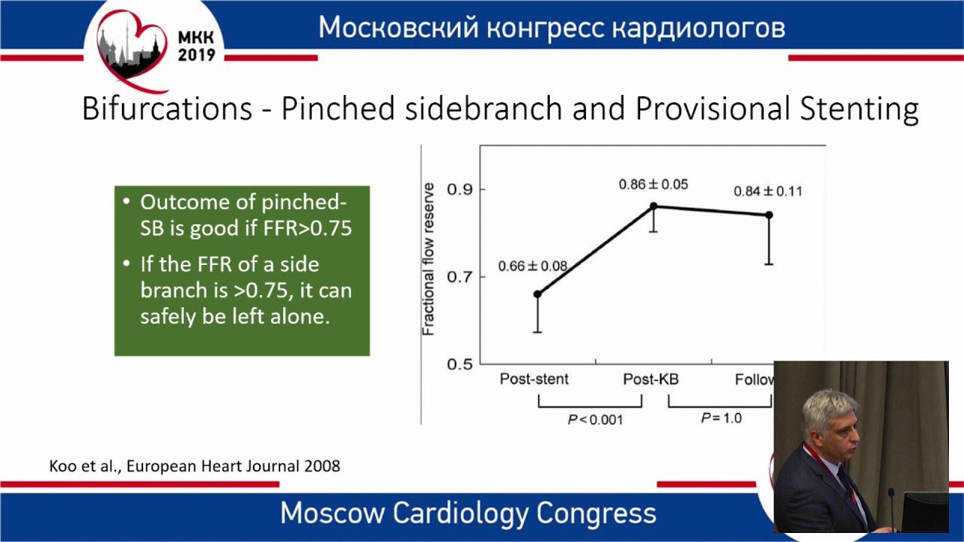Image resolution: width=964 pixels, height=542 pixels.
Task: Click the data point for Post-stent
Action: pyautogui.click(x=538, y=294)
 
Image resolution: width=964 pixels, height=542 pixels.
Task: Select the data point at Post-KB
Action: pyautogui.click(x=653, y=206)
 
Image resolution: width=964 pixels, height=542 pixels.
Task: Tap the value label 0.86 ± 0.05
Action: pyautogui.click(x=653, y=184)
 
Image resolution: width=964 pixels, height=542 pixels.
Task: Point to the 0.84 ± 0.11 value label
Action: pyautogui.click(x=768, y=191)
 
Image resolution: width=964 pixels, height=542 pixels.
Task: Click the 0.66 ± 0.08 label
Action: pyautogui.click(x=532, y=266)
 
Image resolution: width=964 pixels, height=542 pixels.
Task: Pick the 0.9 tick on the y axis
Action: pyautogui.click(x=460, y=189)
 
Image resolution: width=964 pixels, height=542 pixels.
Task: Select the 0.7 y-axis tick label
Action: pyautogui.click(x=460, y=276)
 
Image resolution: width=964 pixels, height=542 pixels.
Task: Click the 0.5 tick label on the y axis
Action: pyautogui.click(x=460, y=364)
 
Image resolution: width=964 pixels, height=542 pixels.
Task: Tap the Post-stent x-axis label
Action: pyautogui.click(x=534, y=379)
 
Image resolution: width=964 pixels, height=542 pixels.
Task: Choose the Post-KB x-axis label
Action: pyautogui.click(x=651, y=379)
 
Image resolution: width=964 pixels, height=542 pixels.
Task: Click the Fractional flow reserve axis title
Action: pyautogui.click(x=428, y=259)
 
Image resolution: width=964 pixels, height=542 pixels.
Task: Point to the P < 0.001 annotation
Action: pyautogui.click(x=595, y=419)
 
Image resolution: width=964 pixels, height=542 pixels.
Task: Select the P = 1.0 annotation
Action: pyautogui.click(x=721, y=418)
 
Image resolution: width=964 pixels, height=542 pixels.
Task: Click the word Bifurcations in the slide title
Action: pyautogui.click(x=167, y=108)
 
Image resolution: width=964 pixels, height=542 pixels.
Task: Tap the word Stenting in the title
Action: pyautogui.click(x=859, y=109)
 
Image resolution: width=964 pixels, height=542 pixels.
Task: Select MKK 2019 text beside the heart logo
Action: pyautogui.click(x=197, y=46)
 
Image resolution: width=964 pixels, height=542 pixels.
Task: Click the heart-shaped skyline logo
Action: pyautogui.click(x=132, y=50)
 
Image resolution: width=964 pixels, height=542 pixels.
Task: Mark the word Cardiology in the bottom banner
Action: pyautogui.click(x=461, y=513)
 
